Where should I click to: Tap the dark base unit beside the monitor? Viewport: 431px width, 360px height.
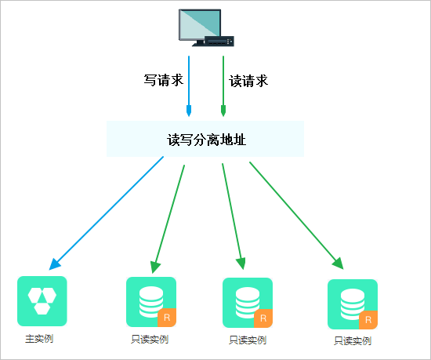click(218, 41)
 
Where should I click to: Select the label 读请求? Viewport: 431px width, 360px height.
click(248, 80)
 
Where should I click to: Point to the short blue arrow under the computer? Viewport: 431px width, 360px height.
click(189, 86)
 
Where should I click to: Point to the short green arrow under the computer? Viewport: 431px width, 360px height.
click(223, 86)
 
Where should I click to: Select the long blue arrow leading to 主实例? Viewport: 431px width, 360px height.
click(107, 212)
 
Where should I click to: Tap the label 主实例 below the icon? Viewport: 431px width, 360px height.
click(39, 340)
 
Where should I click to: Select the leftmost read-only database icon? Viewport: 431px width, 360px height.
click(150, 301)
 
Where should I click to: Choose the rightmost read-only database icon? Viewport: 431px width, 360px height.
click(352, 304)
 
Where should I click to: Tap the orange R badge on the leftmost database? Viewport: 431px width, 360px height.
click(167, 318)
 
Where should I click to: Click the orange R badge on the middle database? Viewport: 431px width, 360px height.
click(263, 319)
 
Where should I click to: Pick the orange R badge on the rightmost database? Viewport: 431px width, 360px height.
click(369, 320)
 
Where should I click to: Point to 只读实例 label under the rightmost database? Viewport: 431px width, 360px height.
click(352, 341)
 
